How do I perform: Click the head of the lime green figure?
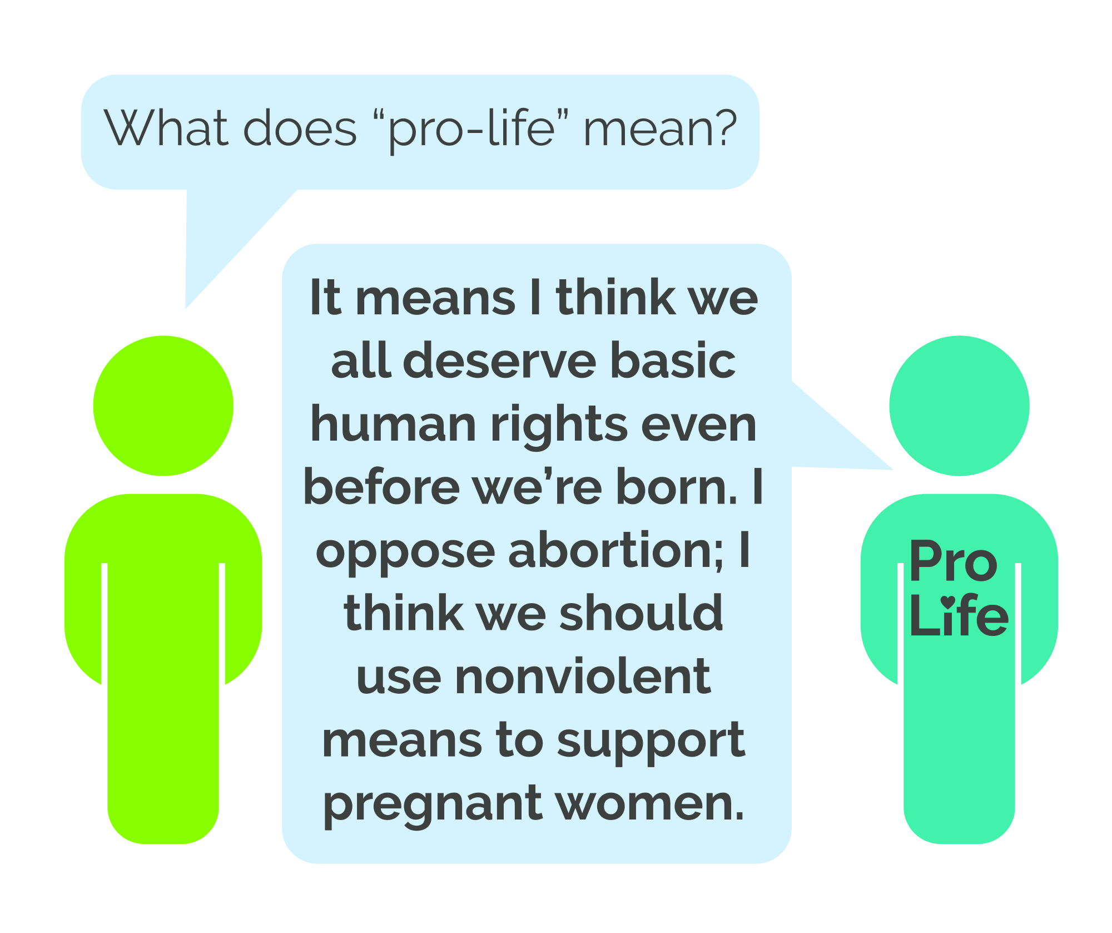(x=163, y=406)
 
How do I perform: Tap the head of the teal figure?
(x=959, y=406)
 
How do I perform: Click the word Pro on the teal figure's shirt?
(x=953, y=562)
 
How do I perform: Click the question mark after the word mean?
(x=724, y=128)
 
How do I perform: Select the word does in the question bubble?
(x=300, y=128)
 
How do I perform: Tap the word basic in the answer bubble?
(x=673, y=361)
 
